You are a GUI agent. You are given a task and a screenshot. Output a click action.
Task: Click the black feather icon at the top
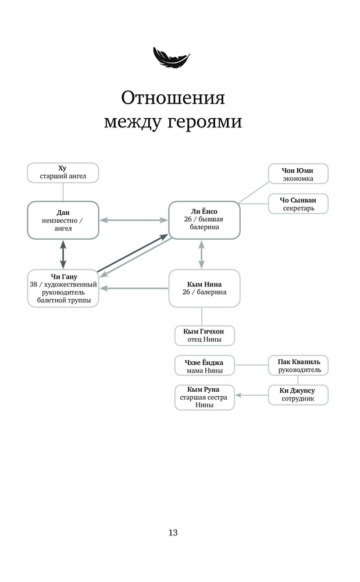[172, 57]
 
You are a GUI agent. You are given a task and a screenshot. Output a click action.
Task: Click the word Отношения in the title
[173, 98]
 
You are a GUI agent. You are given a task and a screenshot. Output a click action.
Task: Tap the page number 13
[173, 533]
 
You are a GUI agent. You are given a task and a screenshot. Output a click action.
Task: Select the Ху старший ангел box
[63, 173]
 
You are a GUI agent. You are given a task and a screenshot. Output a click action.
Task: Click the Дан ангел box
[63, 220]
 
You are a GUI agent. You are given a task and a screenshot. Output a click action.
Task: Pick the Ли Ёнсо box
[204, 220]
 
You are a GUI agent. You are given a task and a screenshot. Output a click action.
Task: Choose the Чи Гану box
[63, 289]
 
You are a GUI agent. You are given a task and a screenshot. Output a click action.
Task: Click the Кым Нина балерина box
[204, 289]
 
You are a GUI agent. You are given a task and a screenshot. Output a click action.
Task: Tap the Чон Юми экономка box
[298, 173]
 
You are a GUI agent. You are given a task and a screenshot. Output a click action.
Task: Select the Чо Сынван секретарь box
[298, 204]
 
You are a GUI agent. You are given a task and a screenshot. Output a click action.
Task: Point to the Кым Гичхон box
[204, 336]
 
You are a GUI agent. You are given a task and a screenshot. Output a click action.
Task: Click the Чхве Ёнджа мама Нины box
[204, 365]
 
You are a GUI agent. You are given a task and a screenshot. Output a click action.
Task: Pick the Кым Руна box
[204, 398]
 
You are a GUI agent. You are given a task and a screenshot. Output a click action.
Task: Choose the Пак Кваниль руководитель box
[298, 365]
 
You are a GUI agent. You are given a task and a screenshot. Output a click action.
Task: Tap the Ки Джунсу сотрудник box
[298, 395]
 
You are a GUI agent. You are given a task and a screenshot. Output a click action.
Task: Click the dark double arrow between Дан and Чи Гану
[63, 254]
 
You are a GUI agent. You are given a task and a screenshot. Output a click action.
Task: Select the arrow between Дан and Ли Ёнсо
[134, 220]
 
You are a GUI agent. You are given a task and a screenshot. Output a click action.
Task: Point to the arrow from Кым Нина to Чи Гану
[134, 288]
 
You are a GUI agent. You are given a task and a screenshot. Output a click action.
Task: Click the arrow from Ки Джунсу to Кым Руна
[251, 395]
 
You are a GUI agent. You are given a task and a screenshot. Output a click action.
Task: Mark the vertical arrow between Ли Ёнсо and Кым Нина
[201, 254]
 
